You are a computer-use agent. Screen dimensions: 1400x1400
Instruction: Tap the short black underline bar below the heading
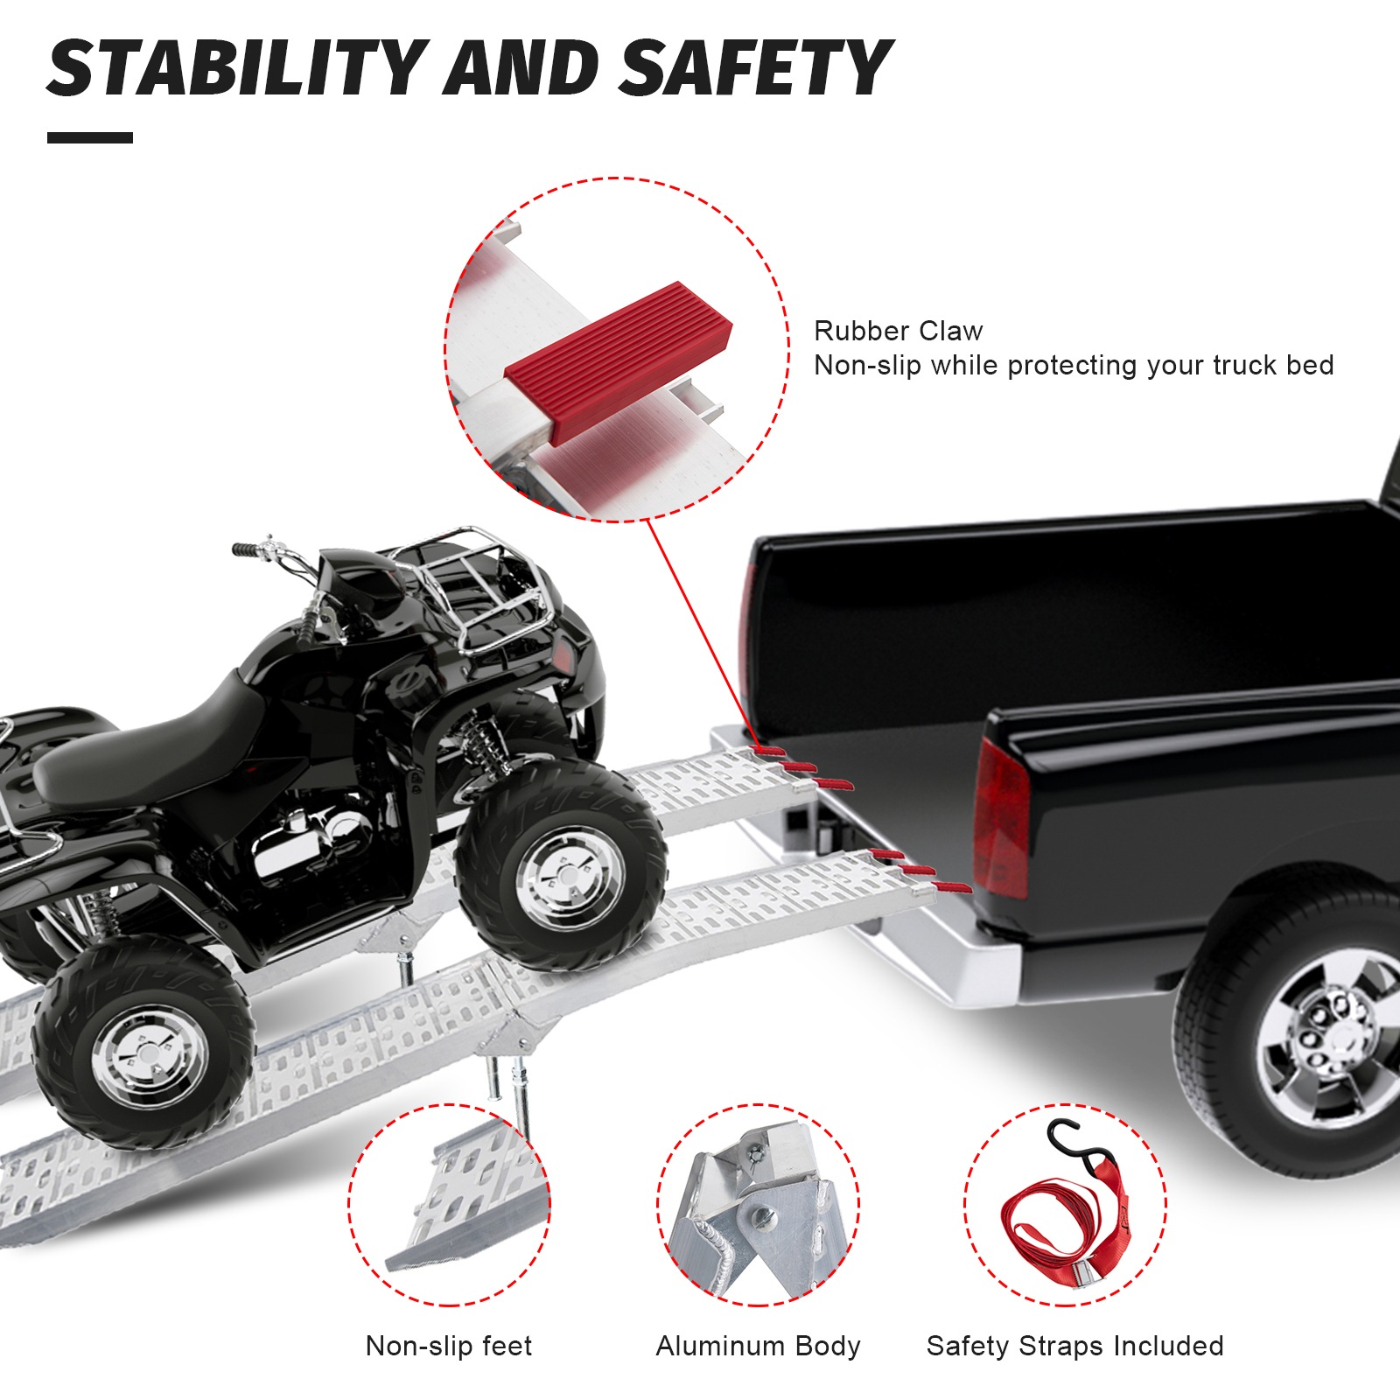90,137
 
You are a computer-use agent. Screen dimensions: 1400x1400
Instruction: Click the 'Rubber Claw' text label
898,331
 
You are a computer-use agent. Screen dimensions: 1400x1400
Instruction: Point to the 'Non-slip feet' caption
448,1346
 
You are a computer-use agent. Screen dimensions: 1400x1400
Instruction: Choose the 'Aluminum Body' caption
758,1346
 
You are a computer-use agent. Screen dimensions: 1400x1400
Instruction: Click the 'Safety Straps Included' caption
1074,1346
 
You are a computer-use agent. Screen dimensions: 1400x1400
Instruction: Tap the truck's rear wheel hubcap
1326,1041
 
